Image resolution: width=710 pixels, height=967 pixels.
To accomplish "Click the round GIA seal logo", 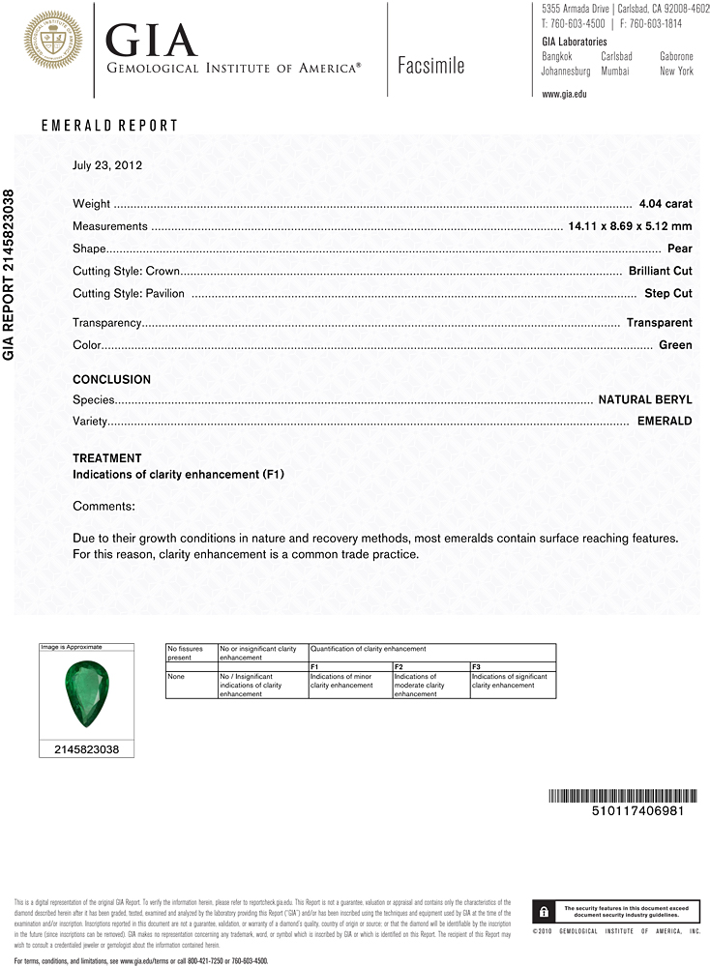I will tap(52, 40).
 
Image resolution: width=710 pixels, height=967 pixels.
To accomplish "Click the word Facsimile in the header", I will tap(430, 66).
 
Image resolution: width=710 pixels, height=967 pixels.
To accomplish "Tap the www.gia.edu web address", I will tap(564, 94).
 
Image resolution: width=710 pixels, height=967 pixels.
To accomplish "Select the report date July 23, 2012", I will tap(107, 165).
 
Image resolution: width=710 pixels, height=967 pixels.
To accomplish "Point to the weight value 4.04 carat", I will tap(666, 204).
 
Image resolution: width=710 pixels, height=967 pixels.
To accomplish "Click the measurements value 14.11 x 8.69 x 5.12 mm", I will tap(629, 226).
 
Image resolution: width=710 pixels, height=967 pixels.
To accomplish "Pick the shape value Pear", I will tap(680, 249).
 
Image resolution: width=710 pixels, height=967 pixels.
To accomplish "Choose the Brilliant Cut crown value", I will tap(660, 271).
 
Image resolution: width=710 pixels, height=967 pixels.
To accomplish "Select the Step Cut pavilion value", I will tap(668, 293).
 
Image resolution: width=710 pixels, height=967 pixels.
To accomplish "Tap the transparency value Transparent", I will tap(659, 323).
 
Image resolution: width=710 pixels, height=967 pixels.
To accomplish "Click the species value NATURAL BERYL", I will tap(645, 399).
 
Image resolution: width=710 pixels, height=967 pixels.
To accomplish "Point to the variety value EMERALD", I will tap(665, 422).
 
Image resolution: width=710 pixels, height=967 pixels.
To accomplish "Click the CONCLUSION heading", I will tap(111, 380).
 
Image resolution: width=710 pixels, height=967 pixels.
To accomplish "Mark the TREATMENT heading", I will tap(106, 458).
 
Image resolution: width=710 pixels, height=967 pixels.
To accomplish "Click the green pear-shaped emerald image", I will tap(85, 692).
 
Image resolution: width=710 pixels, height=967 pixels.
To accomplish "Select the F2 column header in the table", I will tap(399, 667).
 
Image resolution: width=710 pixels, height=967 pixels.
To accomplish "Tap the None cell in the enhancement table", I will tap(175, 677).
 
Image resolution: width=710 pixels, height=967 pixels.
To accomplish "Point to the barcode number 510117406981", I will tap(636, 811).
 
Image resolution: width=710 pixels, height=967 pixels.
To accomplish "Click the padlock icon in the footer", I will tap(546, 911).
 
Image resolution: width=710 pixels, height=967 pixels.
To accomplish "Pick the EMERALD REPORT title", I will tap(109, 126).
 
